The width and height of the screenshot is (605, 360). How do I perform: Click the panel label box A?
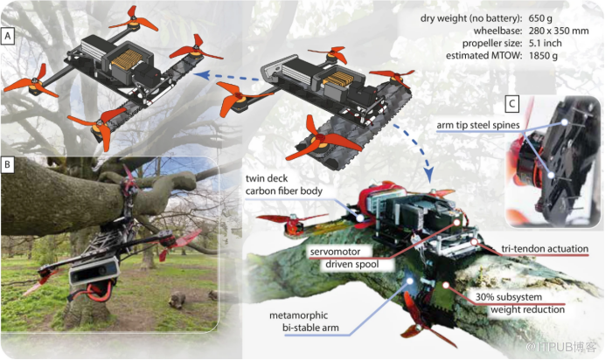click(x=8, y=36)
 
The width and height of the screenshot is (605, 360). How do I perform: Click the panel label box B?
click(x=8, y=164)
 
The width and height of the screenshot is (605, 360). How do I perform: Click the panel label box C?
click(x=512, y=104)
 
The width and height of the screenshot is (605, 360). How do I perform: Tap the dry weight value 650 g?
click(x=540, y=18)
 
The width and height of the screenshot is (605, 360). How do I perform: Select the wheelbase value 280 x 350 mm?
click(x=559, y=31)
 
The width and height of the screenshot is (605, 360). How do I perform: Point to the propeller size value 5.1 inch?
click(x=546, y=43)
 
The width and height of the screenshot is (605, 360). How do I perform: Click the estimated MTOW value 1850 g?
click(x=543, y=56)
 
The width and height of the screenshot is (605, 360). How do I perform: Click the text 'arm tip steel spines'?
click(x=478, y=125)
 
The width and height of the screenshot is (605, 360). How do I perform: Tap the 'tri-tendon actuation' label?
click(x=545, y=249)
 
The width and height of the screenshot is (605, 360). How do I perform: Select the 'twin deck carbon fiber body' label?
click(x=284, y=184)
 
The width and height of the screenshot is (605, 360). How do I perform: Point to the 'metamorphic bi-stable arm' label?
click(x=304, y=322)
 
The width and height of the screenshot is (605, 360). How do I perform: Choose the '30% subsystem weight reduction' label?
click(x=520, y=303)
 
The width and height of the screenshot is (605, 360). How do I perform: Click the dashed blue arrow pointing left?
click(x=228, y=76)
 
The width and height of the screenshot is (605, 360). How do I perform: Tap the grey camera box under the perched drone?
click(x=94, y=271)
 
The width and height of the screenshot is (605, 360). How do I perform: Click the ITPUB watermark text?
click(x=561, y=347)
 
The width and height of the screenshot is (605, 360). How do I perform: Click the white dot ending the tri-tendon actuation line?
click(x=475, y=242)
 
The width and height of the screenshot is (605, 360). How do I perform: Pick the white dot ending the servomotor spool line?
click(x=457, y=223)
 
